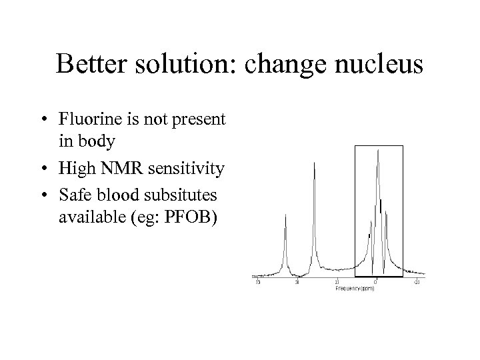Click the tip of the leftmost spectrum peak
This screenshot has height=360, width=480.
(286, 215)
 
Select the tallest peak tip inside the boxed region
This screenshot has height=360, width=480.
(378, 150)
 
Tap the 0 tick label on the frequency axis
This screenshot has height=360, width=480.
(375, 282)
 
